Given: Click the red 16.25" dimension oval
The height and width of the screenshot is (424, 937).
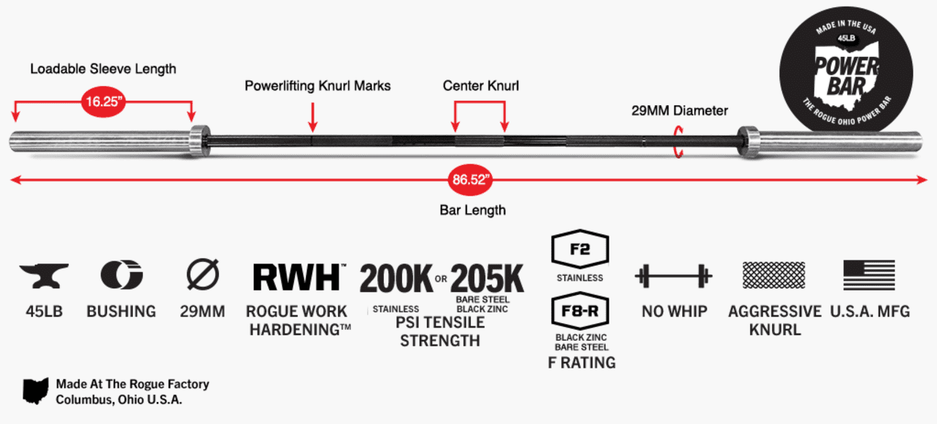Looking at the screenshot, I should point(103,101).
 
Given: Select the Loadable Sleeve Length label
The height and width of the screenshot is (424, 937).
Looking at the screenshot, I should point(103,69).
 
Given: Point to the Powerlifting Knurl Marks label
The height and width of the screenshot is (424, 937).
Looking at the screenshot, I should point(317,86).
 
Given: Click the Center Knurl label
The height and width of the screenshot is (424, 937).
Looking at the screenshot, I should point(481,86).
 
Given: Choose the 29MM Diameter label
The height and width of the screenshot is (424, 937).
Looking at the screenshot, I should point(679,111).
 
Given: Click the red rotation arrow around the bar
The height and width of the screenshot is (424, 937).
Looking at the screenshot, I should point(679,140).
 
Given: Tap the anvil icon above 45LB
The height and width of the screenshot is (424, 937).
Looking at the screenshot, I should point(44,276).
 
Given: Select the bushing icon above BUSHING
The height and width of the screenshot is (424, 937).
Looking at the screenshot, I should point(121,275).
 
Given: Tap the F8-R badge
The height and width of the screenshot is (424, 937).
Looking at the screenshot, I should point(581,312).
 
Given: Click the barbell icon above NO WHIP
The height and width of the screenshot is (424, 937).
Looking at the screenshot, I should point(673,277).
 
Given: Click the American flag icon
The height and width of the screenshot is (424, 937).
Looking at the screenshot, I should point(869,275).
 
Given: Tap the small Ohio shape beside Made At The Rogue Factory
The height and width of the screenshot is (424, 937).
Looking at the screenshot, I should point(35,391).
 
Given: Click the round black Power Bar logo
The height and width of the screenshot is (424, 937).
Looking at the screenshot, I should point(846,66).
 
